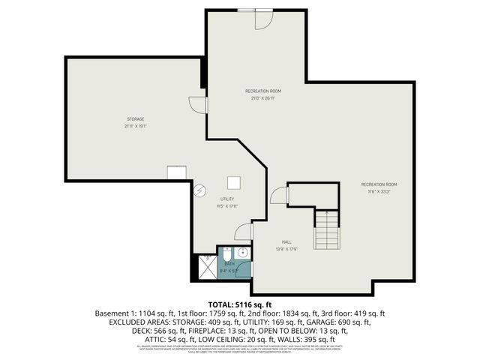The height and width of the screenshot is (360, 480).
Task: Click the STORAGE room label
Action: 135,119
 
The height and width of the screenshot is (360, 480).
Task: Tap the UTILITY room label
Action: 227,199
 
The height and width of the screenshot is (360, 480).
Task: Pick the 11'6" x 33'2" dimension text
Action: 379,191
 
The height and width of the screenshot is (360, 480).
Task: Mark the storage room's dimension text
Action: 135,127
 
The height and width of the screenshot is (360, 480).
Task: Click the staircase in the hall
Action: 327,230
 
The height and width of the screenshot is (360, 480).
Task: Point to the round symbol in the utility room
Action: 199,190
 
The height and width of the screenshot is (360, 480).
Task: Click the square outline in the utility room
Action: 234,181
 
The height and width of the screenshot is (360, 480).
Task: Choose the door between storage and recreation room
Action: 197,105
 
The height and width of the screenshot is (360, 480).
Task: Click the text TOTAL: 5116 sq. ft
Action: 240,304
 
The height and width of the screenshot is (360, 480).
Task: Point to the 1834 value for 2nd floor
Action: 268,313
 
